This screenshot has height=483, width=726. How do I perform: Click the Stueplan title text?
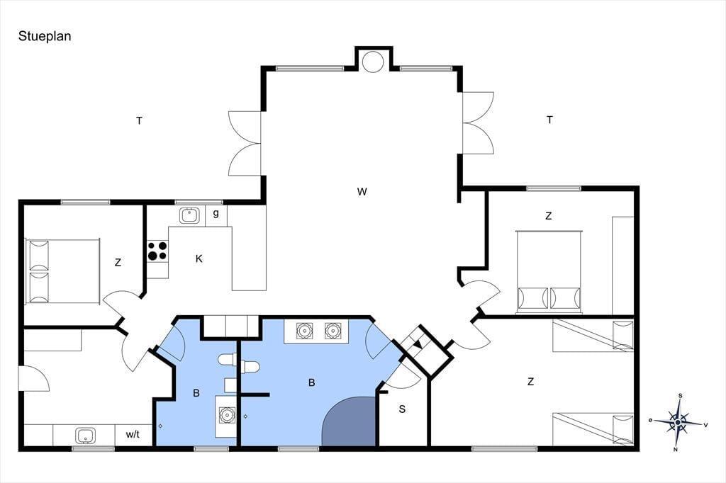point(45,37)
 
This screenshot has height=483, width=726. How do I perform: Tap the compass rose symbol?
point(678,422)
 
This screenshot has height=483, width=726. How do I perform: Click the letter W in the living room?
point(362,191)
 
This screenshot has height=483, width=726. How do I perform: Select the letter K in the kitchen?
point(199,258)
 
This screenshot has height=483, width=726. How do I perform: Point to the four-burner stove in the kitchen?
point(157,251)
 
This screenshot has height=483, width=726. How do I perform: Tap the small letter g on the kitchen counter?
point(216,214)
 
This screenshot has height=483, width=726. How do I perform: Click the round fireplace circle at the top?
point(373,61)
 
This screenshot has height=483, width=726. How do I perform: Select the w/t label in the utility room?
point(133,434)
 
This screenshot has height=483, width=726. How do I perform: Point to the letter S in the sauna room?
point(403,409)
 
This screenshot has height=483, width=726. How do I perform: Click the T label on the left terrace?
point(139,121)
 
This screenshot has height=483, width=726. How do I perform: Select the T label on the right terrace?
point(549,120)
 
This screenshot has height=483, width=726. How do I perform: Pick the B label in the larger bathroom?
point(312,382)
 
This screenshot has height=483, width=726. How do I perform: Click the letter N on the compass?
point(676,450)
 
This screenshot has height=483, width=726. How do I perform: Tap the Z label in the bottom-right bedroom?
point(530,382)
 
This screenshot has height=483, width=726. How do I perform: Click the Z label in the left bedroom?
point(118,263)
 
